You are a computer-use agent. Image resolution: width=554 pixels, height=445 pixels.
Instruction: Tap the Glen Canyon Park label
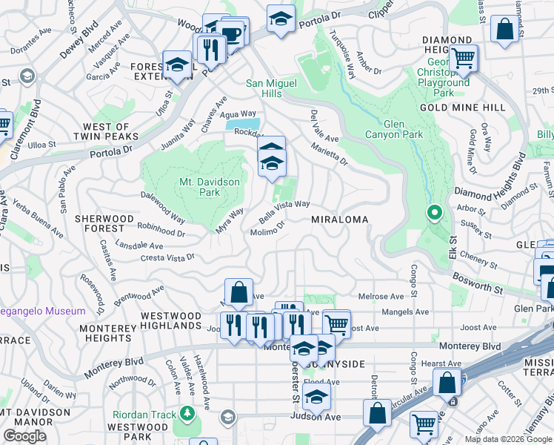pos(394,129)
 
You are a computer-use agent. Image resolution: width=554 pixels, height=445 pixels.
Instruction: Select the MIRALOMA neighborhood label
pos(340,220)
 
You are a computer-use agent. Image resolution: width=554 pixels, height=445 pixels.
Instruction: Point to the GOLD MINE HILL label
pos(462,108)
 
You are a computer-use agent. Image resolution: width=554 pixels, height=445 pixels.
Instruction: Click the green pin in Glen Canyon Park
pos(435,214)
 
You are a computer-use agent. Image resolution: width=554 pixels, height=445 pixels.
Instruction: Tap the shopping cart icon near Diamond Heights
pos(464,57)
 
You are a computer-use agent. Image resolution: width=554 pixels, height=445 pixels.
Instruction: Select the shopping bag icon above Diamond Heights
pos(504,30)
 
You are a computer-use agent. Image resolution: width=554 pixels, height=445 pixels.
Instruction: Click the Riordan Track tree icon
pos(187,413)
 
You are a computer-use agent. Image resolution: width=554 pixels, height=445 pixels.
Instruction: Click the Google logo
pos(24,436)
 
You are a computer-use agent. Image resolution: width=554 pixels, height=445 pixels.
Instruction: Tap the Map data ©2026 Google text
pos(507,439)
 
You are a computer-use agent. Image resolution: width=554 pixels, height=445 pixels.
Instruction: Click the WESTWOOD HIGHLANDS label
pos(171,321)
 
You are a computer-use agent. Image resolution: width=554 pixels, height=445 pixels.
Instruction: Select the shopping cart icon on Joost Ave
pos(336,323)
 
